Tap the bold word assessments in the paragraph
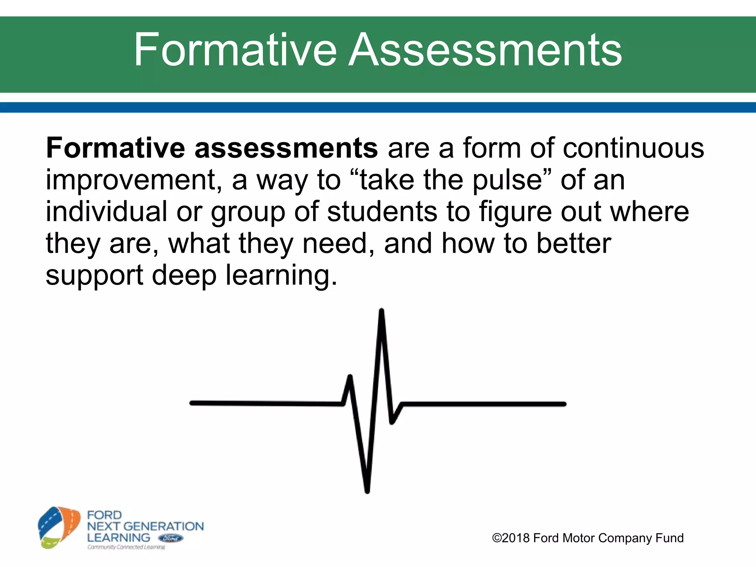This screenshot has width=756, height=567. point(286,148)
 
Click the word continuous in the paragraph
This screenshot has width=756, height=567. point(633,148)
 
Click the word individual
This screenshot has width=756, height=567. point(106,212)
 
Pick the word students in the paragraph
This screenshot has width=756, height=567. point(382,212)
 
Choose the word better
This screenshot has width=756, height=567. point(574,243)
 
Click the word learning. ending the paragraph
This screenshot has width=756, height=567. point(281,276)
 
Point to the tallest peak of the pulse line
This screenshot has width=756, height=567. point(381,311)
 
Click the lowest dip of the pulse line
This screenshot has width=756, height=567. point(367,490)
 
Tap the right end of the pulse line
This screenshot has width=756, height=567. point(564,404)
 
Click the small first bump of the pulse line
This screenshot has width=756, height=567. point(350,378)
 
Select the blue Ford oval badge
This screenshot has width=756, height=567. point(170,538)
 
